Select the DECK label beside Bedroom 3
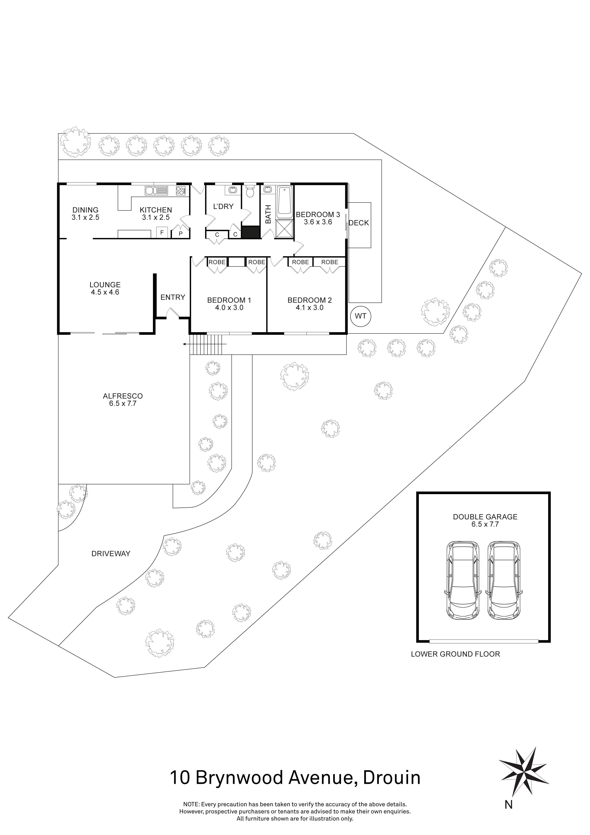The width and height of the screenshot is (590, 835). pos(359,223)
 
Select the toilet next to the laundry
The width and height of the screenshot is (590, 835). pos(250,191)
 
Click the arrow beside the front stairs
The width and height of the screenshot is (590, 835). pos(186,344)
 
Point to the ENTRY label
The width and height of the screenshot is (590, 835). pos(173,298)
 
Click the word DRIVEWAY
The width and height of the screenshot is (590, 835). pos(111,553)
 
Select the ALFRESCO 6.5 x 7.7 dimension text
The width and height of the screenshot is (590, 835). pos(123,403)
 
